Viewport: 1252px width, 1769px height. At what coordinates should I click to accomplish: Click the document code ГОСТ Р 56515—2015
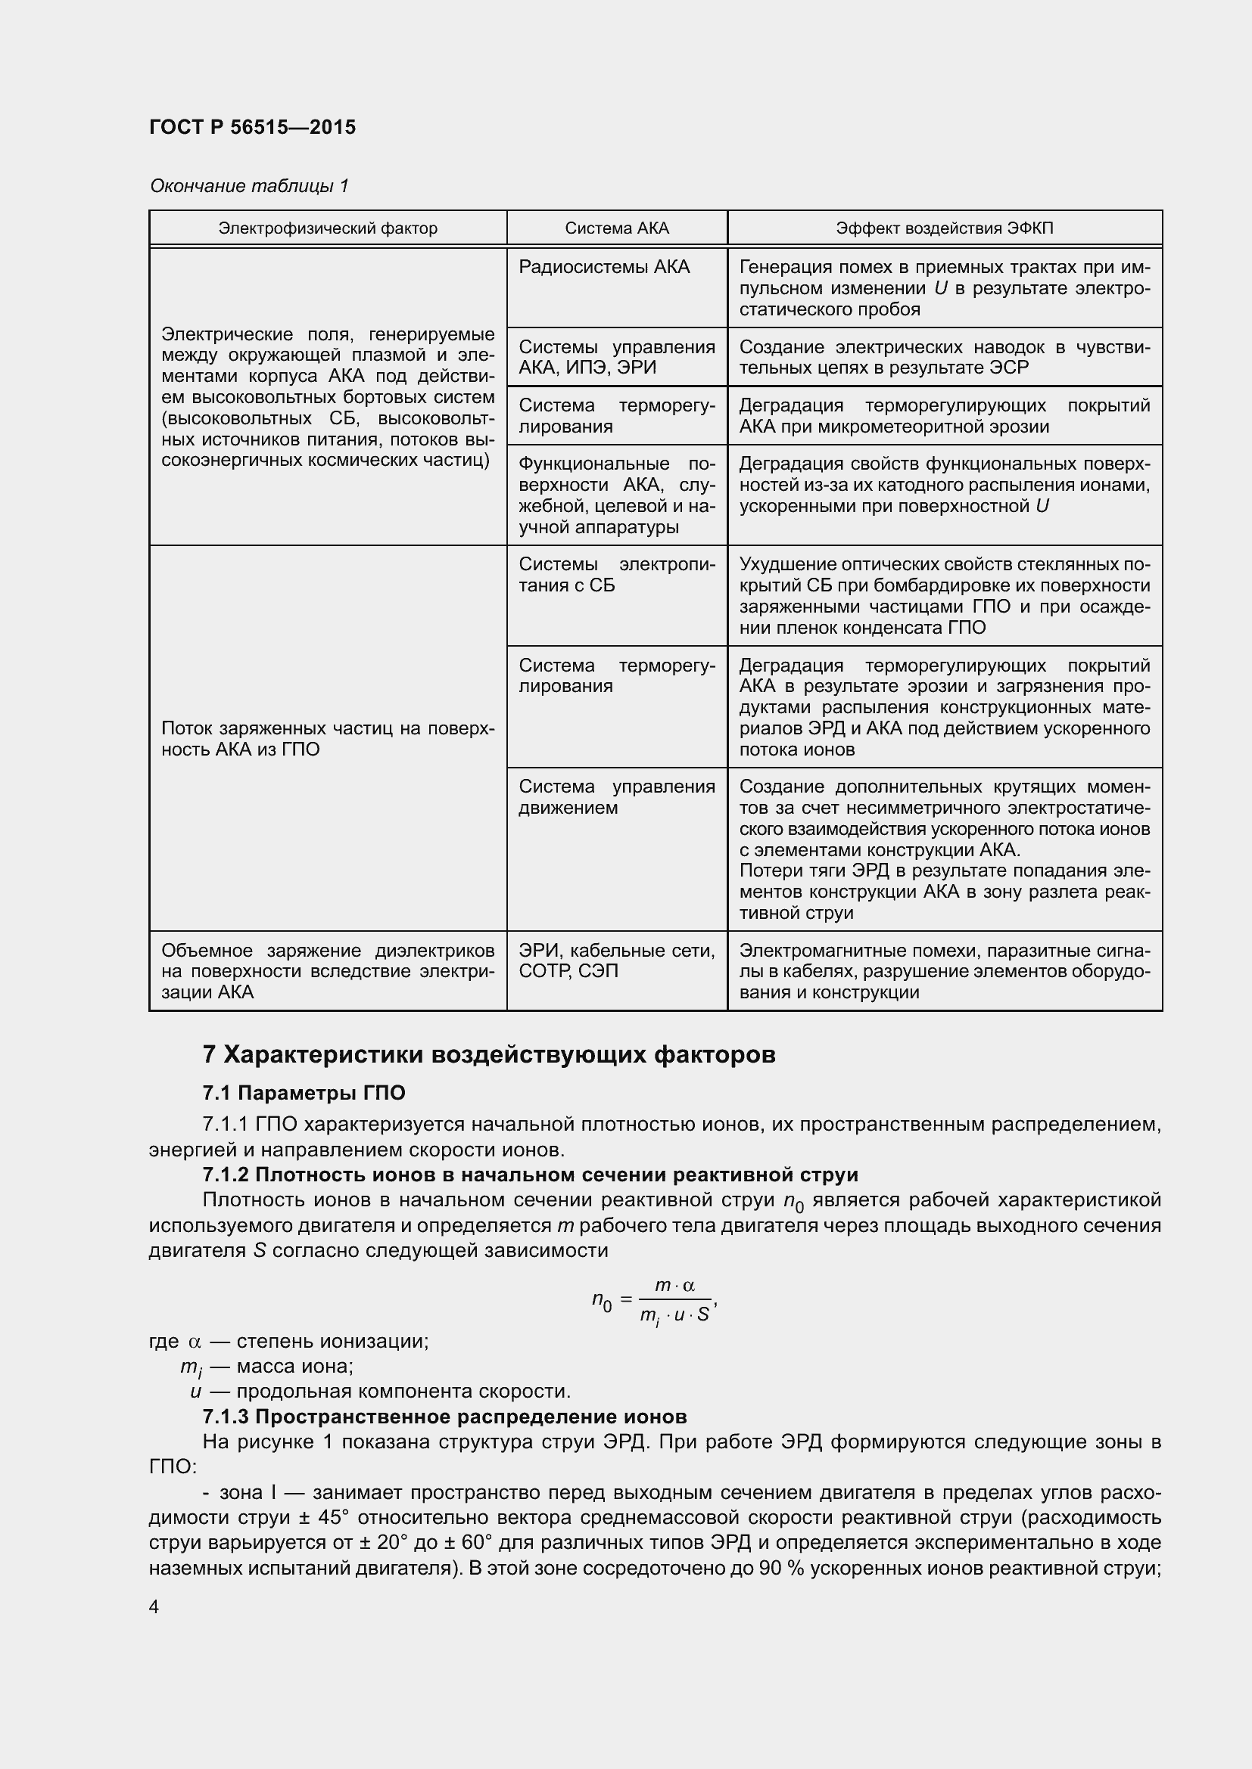pos(252,127)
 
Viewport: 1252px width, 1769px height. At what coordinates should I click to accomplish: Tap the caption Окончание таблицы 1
pos(249,186)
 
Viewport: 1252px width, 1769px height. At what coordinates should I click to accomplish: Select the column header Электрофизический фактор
pos(328,228)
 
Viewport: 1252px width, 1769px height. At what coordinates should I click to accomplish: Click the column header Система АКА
pos(617,228)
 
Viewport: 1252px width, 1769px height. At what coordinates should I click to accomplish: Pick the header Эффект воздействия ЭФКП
pos(945,228)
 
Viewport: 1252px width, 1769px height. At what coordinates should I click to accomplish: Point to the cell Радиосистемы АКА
pos(603,267)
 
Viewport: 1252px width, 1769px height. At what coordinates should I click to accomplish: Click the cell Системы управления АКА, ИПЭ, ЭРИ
pos(617,358)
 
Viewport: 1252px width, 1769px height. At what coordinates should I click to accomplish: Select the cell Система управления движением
pos(617,797)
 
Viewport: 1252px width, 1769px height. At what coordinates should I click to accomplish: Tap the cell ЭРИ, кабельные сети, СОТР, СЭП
pos(617,961)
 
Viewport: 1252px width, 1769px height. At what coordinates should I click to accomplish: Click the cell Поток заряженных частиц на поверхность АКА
pos(328,739)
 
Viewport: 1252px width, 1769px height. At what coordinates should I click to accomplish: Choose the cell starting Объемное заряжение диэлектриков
pos(328,972)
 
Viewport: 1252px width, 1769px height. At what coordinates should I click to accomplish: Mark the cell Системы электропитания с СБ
pos(617,575)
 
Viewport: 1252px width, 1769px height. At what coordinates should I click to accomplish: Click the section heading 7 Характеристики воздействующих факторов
pos(489,1055)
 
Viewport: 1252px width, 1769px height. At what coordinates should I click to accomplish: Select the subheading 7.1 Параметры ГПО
pos(304,1093)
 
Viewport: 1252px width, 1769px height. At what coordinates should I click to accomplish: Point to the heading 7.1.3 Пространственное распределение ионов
pos(444,1417)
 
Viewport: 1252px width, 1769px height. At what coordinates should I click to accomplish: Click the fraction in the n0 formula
pos(674,1302)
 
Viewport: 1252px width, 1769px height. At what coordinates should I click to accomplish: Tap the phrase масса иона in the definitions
pos(294,1366)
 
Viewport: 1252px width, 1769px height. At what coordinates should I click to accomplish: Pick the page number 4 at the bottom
pos(154,1606)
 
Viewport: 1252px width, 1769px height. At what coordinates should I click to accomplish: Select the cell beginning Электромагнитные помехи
pos(945,972)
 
